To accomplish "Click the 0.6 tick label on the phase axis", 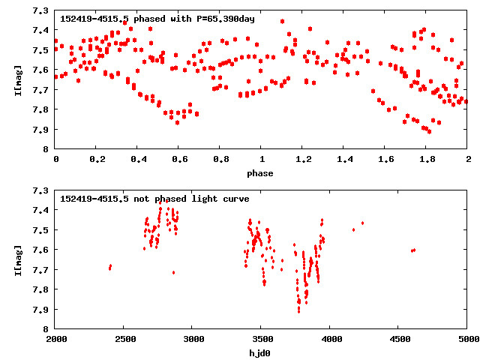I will coord(179,160).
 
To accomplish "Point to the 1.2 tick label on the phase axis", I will coord(303,160).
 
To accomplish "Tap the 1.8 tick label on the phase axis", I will coord(427,160).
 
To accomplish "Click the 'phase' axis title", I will coord(262,173).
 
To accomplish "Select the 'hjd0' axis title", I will coord(262,352).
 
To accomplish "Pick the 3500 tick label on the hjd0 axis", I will coord(262,340).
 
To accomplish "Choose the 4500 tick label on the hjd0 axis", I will coord(399,340).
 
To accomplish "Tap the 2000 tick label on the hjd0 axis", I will coord(56,340).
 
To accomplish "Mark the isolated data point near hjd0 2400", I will coord(110,267).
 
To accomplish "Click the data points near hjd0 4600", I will coord(413,250).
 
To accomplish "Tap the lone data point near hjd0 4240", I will coord(363,223).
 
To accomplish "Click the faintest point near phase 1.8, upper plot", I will coord(429,131).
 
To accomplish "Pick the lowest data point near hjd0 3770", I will coord(298,310).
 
